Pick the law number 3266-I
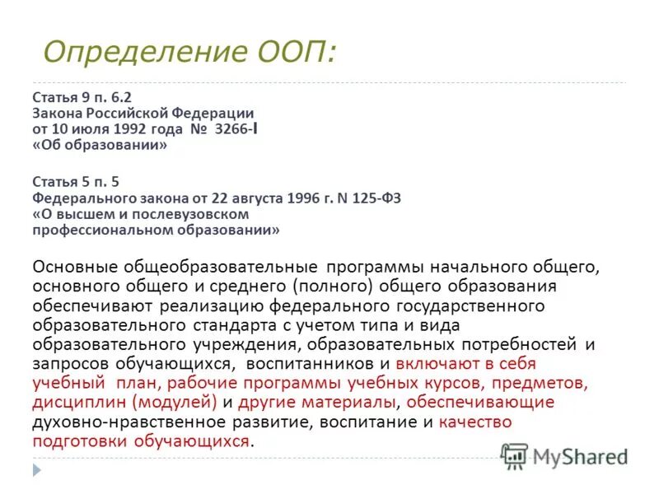pyautogui.click(x=224, y=128)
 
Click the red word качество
pyautogui.click(x=475, y=422)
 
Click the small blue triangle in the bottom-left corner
pyautogui.click(x=37, y=471)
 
